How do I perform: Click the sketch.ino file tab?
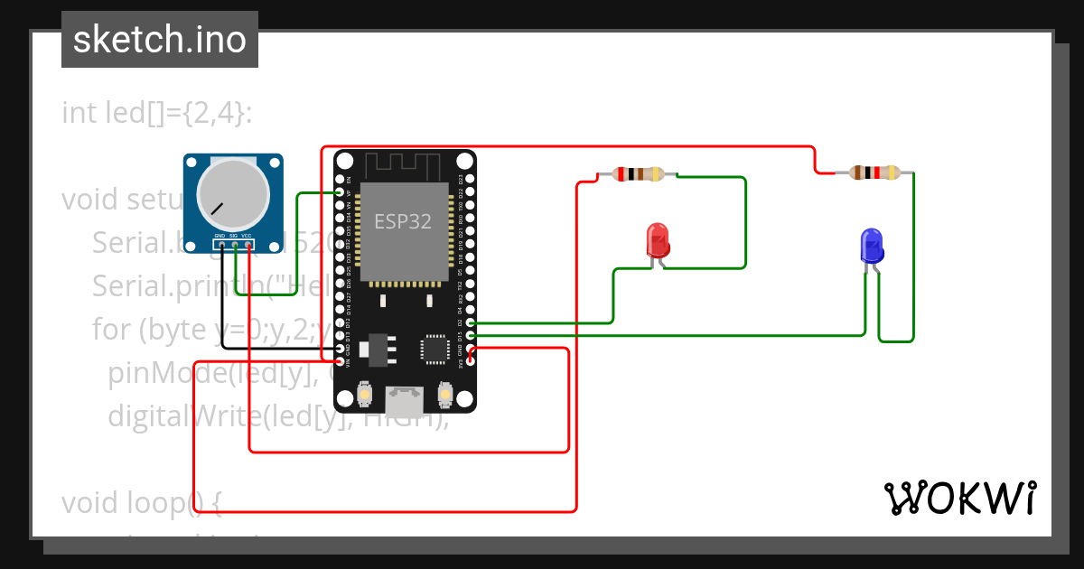click(x=159, y=40)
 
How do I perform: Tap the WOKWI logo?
click(x=959, y=498)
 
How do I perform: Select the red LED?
click(x=659, y=242)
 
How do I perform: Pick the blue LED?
click(x=871, y=246)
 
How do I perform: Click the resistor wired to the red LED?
click(x=638, y=174)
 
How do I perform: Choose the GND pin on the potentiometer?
click(x=220, y=244)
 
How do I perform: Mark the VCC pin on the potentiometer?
click(x=248, y=244)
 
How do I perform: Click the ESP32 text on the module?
click(x=403, y=221)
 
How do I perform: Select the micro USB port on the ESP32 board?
click(x=405, y=397)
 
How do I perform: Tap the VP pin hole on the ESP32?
click(x=340, y=192)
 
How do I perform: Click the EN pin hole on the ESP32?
click(x=340, y=179)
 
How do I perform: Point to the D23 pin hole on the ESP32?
click(x=470, y=179)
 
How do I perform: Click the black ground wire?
click(x=271, y=349)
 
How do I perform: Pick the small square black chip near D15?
click(x=435, y=349)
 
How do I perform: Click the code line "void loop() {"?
click(x=142, y=503)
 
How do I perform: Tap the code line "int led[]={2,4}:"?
click(x=157, y=113)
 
